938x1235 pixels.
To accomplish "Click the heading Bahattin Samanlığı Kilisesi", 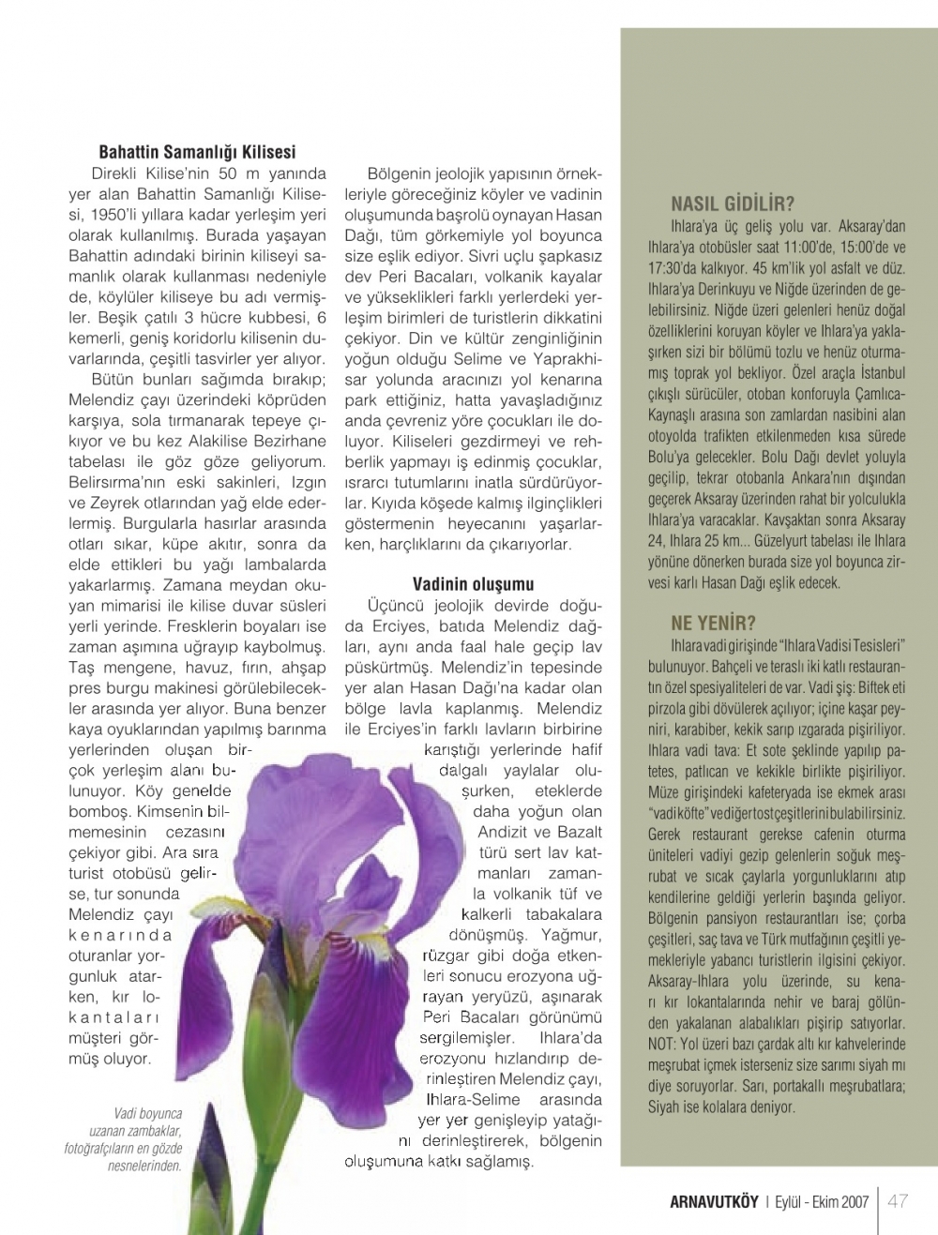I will tap(197, 151).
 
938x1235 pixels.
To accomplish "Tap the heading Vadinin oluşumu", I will tap(473, 583).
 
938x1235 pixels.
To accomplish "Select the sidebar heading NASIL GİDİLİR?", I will tap(733, 203).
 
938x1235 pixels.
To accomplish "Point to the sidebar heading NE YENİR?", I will tap(713, 623).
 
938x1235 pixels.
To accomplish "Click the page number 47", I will tap(898, 1201).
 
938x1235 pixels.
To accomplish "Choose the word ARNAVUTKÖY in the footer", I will tap(713, 1202).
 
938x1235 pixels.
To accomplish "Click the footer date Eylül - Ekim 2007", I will tap(822, 1202).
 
